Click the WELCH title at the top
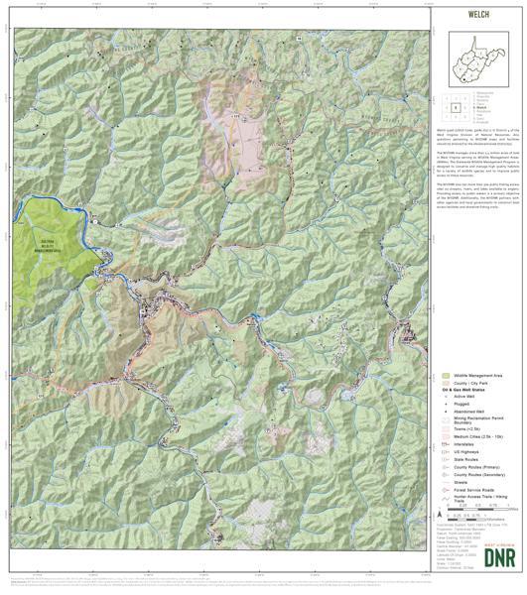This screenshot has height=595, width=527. (x=479, y=16)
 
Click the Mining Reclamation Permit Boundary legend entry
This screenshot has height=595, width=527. (x=473, y=426)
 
